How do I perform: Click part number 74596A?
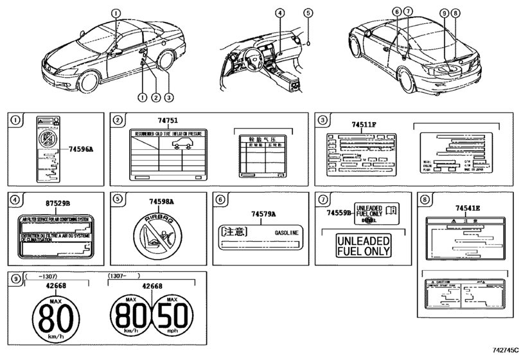click(82, 148)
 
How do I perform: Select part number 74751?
click(168, 120)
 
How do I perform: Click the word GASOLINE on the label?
click(287, 230)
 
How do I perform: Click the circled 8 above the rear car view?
click(455, 12)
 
